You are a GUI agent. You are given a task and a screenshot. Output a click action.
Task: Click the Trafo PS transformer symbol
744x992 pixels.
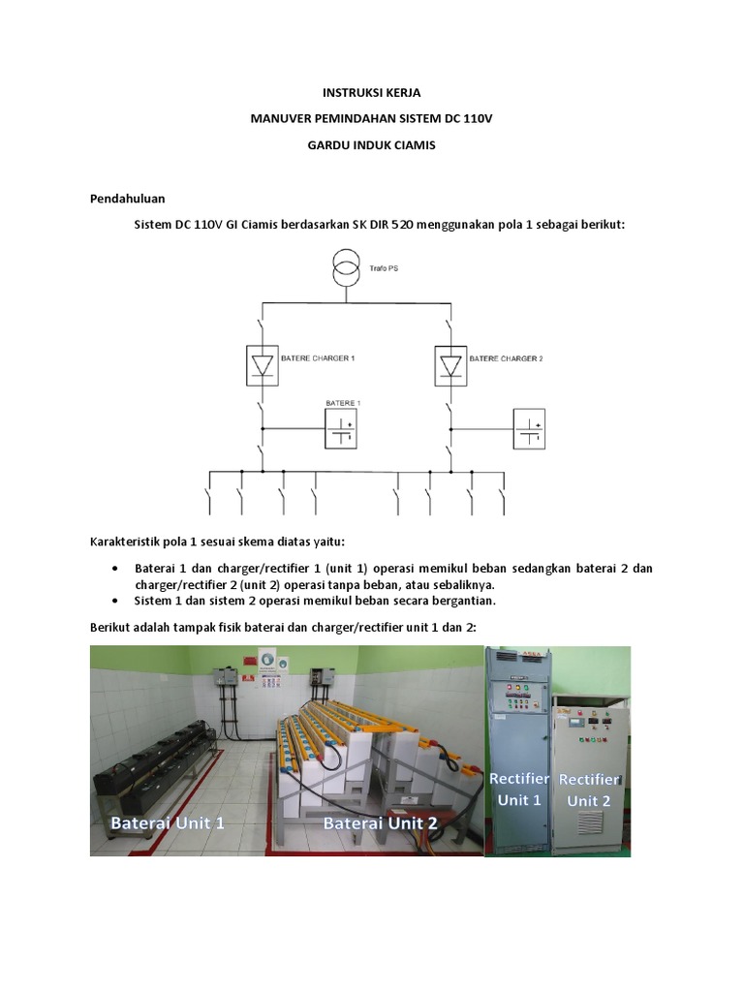point(346,267)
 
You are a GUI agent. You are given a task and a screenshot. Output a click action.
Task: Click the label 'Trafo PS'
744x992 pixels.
point(384,268)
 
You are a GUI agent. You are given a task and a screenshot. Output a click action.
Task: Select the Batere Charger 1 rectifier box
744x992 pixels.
point(262,365)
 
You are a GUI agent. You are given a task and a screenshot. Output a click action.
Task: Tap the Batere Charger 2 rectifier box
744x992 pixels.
point(450,365)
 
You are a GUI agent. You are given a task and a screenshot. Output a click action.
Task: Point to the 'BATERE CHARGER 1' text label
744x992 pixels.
point(318,358)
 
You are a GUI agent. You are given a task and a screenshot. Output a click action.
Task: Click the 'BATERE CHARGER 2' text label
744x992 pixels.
point(506,358)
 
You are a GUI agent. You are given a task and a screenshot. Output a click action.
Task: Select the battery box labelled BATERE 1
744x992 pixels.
point(341,429)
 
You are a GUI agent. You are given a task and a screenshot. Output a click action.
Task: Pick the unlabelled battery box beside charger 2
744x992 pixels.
point(529,429)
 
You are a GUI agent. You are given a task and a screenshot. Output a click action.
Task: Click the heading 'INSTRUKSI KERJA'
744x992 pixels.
point(371,93)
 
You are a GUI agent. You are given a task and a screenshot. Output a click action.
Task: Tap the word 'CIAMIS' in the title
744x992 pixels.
point(415,145)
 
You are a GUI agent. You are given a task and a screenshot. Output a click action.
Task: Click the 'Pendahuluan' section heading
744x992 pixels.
point(127,199)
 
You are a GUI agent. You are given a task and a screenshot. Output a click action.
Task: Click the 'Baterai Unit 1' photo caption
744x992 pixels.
point(167,823)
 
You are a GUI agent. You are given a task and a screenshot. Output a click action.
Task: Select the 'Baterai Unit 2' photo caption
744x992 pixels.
point(380,823)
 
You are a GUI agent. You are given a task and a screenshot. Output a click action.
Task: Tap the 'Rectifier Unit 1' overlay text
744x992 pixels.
point(519,790)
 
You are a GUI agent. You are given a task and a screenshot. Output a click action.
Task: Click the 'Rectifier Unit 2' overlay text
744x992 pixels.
point(589,790)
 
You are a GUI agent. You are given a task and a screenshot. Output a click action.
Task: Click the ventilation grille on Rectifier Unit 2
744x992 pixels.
point(590,823)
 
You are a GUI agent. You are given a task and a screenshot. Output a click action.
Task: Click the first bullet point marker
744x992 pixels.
point(114,568)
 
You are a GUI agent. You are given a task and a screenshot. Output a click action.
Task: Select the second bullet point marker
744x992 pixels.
point(114,601)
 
